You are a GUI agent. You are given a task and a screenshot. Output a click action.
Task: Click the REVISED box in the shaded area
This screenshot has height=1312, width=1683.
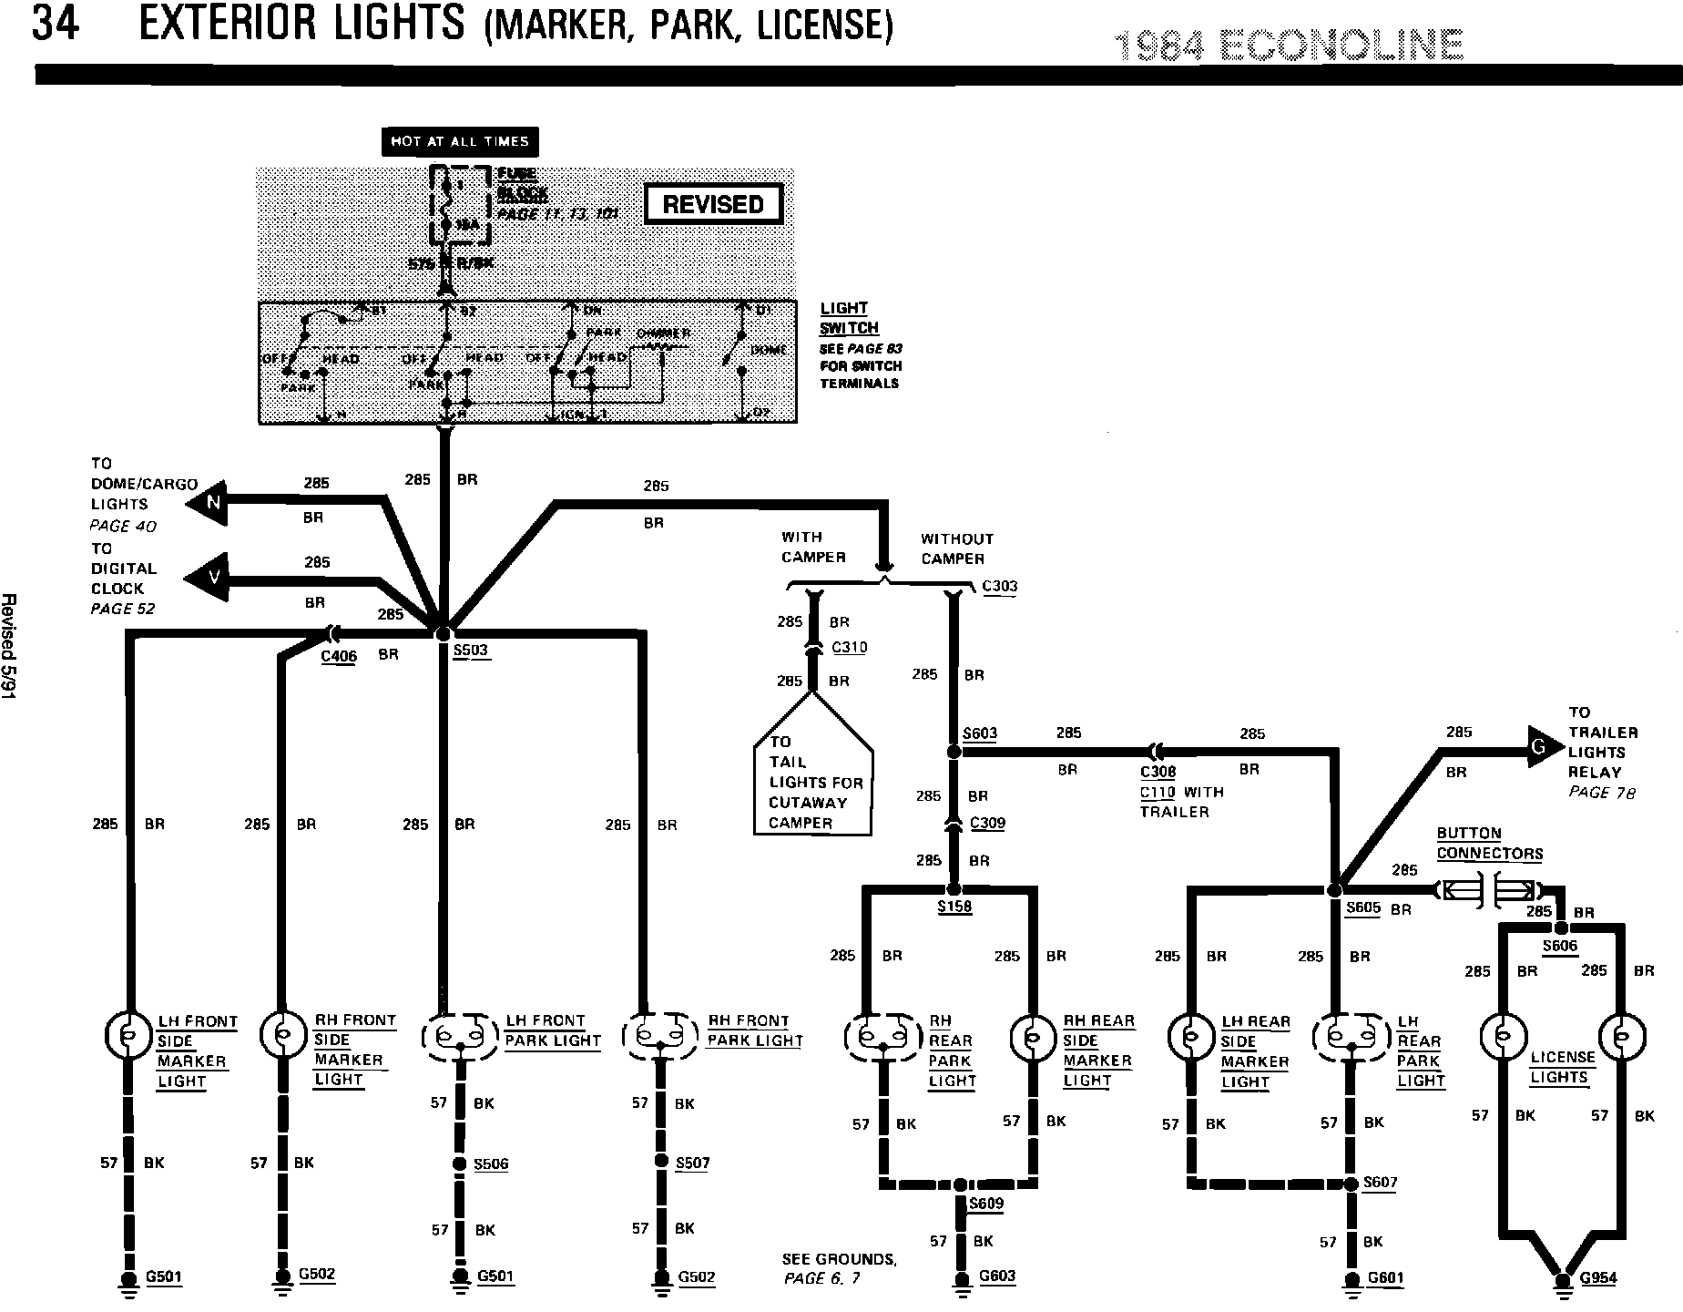coord(713,204)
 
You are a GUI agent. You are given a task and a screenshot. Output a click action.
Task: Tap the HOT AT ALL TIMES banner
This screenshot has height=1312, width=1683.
coord(459,141)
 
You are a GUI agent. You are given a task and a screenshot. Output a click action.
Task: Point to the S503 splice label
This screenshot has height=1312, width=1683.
coord(471,651)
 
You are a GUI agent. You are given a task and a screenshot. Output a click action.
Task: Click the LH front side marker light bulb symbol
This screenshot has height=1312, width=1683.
coord(127,1034)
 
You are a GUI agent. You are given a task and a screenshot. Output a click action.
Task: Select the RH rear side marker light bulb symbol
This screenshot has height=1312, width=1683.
coord(1031,1036)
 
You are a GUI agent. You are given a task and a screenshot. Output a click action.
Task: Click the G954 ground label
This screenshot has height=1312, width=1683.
coord(1598,1277)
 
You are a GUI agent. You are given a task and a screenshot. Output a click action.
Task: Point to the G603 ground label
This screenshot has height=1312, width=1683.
coord(996,1276)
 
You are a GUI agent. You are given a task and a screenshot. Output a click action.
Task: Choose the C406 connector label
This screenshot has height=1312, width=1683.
coord(339,656)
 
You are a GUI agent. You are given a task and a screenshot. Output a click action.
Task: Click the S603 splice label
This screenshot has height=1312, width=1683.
coord(980,733)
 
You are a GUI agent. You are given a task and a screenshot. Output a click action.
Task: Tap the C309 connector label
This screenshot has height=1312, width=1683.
coord(987,823)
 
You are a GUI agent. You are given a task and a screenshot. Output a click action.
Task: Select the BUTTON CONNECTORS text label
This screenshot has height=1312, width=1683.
coord(1489,844)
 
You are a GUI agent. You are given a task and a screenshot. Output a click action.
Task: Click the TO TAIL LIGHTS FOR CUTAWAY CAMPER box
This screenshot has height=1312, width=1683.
coord(812,782)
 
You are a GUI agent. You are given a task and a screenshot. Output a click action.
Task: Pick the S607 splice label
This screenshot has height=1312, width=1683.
coord(1381,1183)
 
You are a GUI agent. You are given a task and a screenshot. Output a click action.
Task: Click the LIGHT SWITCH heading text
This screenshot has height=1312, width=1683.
coord(849,318)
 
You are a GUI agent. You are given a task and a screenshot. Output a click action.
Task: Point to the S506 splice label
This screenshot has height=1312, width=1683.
coord(491,1163)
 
